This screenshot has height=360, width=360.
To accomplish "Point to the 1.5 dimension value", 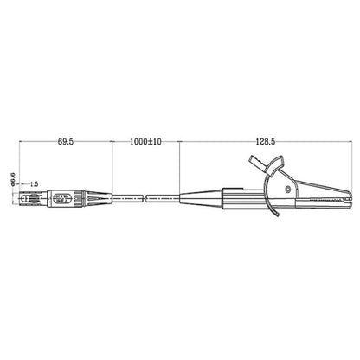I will tap(34, 184).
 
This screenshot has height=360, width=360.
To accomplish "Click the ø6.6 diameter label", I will tap(12, 178).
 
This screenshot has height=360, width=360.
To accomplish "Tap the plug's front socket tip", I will tap(22, 198).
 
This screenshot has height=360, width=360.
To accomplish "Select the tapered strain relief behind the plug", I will tap(96, 198).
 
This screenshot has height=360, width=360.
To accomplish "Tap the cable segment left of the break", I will tap(125, 198).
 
